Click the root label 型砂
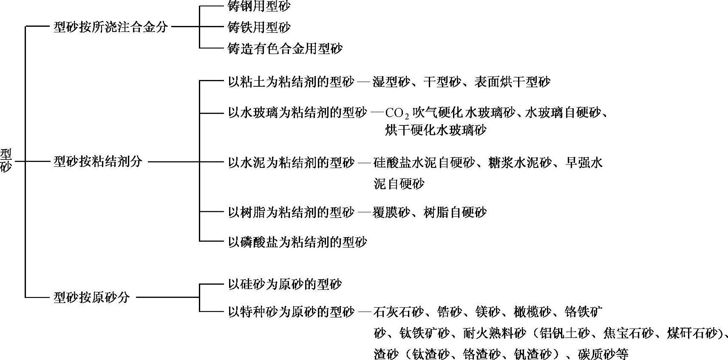[6, 160]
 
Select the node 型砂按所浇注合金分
[110, 28]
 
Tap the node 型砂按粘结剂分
[98, 162]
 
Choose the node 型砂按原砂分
[91, 297]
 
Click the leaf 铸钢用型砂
[259, 6]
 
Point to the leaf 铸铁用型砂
[259, 28]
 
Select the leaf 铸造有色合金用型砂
[285, 48]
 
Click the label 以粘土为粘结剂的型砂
[291, 82]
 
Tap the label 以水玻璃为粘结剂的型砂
[297, 113]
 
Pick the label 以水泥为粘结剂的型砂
[291, 162]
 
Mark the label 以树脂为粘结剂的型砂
[291, 212]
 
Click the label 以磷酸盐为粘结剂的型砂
[297, 242]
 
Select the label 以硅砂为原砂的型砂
[285, 284]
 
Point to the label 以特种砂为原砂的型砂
[291, 312]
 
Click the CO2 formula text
[397, 114]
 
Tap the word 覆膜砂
[391, 212]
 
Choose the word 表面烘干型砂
[512, 82]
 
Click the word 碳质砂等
[603, 354]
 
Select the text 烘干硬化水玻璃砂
[436, 130]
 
